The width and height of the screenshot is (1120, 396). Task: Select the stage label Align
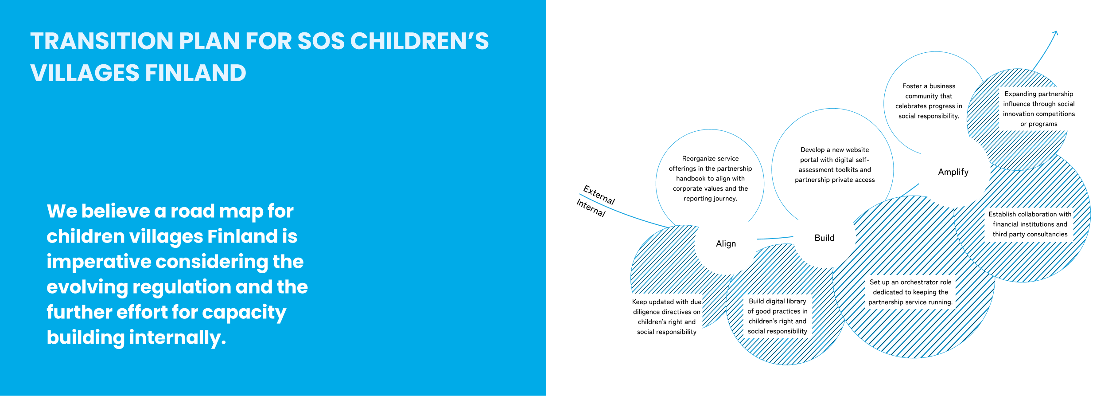pos(726,244)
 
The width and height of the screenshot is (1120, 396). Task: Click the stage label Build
pos(824,238)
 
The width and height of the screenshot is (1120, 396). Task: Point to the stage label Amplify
pos(953,172)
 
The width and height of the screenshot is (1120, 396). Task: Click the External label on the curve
pos(599,195)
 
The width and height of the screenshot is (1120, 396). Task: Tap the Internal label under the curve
pos(591,208)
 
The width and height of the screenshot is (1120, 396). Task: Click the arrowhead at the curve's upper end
pos(1056,33)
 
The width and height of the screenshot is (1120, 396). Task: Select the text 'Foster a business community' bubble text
pos(929,101)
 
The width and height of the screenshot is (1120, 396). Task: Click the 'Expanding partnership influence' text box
pos(1038,109)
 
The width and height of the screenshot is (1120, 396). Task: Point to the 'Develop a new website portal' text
pos(835,165)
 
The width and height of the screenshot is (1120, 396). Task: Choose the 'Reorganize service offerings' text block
pos(710,179)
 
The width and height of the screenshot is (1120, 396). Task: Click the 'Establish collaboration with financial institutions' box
pos(1030,224)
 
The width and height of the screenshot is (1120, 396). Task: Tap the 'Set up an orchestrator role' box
pos(910,292)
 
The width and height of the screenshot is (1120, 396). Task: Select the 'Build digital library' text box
pos(778,316)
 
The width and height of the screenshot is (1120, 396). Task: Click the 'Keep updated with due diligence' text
pos(667,317)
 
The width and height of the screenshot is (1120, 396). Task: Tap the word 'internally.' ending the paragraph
pos(178,338)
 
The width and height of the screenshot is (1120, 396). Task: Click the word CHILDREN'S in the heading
pos(420,41)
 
